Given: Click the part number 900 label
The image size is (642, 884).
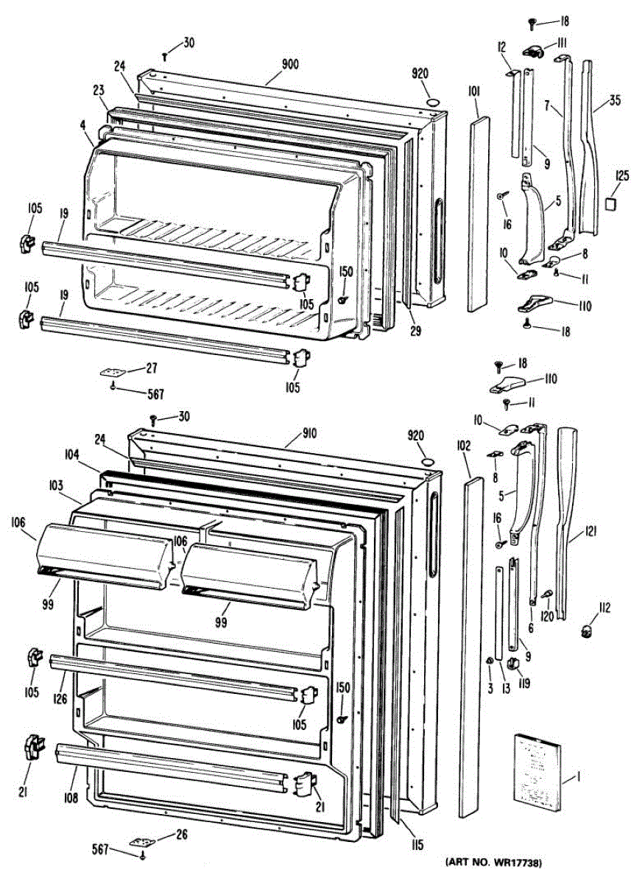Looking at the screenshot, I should [289, 65].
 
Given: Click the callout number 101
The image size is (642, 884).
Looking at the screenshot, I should [473, 91].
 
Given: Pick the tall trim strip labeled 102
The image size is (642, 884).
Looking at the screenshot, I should [465, 648].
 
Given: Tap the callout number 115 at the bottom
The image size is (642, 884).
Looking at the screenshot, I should [418, 846].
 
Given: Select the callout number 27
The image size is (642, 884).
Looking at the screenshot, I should [152, 368].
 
